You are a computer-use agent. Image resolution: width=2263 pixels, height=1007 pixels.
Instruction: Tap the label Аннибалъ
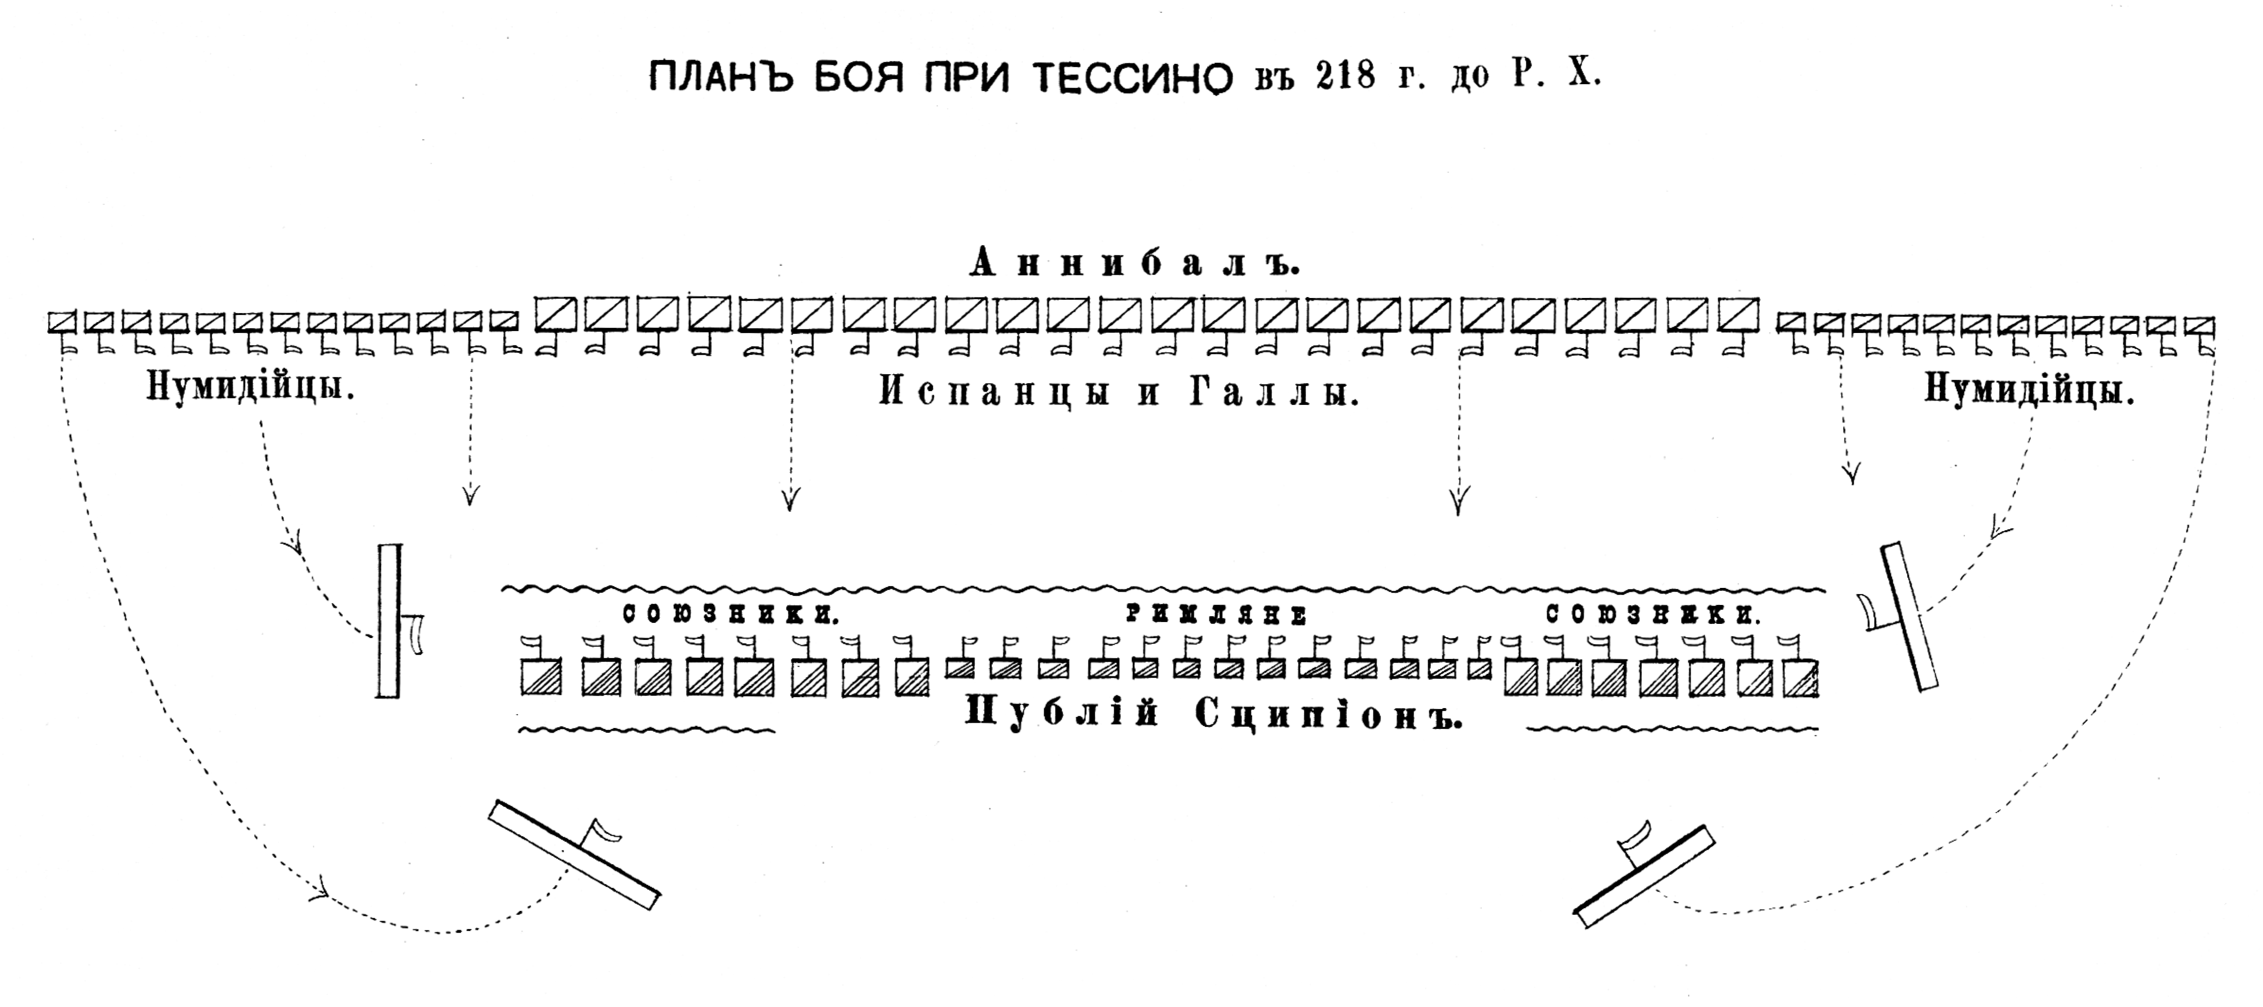coord(1134,263)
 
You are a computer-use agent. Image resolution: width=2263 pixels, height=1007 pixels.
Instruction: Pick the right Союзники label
coord(1653,614)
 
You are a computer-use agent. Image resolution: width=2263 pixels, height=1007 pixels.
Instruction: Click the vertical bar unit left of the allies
coord(388,621)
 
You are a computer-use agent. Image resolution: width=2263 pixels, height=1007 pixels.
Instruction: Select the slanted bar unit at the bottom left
coord(574,854)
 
